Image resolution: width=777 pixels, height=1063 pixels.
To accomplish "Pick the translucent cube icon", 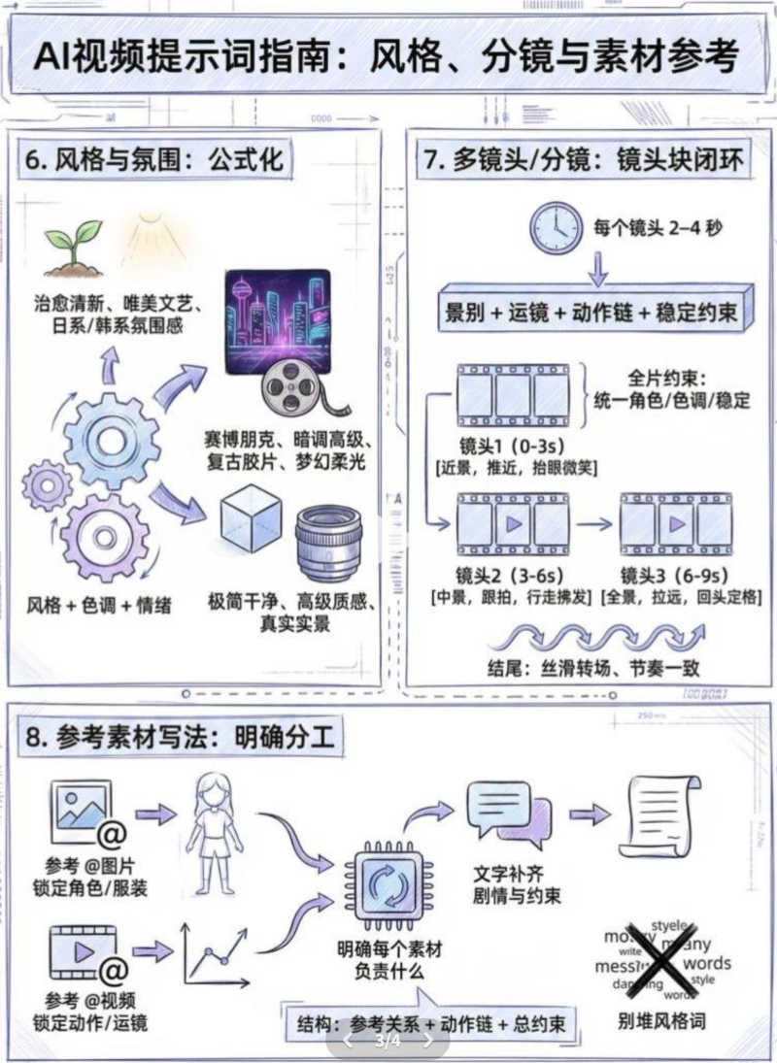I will [x=250, y=519].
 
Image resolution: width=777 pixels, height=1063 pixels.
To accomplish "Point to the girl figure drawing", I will [x=215, y=831].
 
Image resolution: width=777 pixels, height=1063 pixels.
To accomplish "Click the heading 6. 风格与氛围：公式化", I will [x=155, y=159].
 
